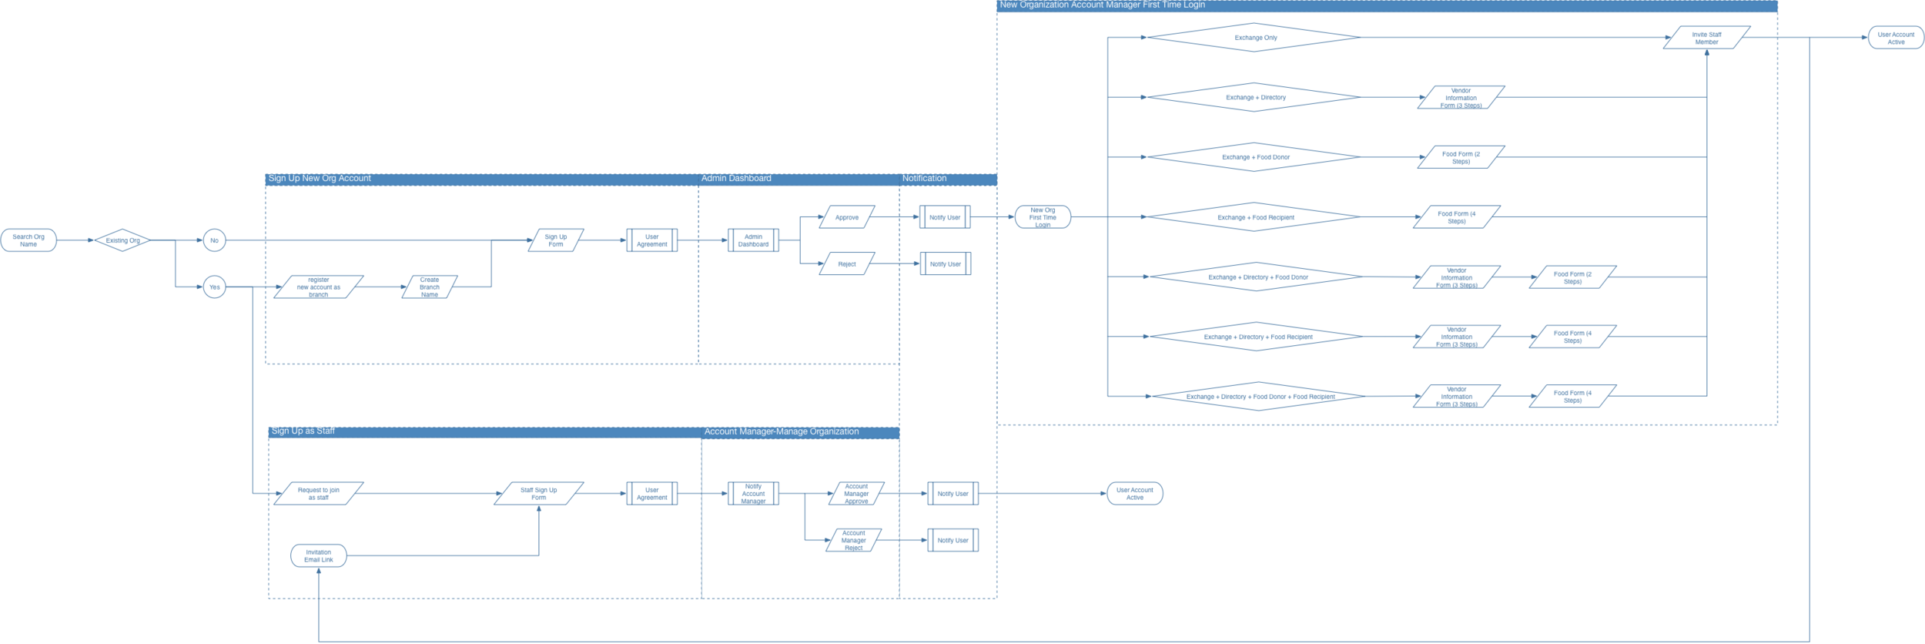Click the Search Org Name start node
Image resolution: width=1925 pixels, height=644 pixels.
[28, 240]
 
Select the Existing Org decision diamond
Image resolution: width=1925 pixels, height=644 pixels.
[122, 240]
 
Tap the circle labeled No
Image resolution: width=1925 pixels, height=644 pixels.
[214, 240]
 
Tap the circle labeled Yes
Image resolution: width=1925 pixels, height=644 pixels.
[214, 287]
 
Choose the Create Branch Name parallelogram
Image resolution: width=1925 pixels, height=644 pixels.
[430, 287]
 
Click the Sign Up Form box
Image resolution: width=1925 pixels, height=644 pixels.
[555, 240]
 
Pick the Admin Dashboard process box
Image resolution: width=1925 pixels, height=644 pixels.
[753, 240]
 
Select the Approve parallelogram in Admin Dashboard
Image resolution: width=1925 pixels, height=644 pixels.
[847, 217]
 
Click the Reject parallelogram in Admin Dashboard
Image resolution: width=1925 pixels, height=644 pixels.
[847, 264]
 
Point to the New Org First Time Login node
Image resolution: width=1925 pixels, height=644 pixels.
[1043, 217]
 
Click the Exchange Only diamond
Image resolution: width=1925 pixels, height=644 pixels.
[1255, 38]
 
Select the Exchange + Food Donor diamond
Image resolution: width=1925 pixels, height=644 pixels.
[1255, 157]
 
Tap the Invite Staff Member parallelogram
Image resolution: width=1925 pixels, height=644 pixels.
[1706, 38]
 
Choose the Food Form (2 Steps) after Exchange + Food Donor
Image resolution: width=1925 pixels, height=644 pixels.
[1461, 157]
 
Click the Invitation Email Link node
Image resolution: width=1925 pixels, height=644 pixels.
[319, 555]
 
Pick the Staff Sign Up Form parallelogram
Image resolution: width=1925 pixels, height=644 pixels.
[538, 494]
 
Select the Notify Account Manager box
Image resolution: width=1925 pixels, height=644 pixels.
[753, 494]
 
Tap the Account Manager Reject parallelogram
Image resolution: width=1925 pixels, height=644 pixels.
[854, 540]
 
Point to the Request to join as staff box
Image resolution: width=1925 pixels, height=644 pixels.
[319, 494]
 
